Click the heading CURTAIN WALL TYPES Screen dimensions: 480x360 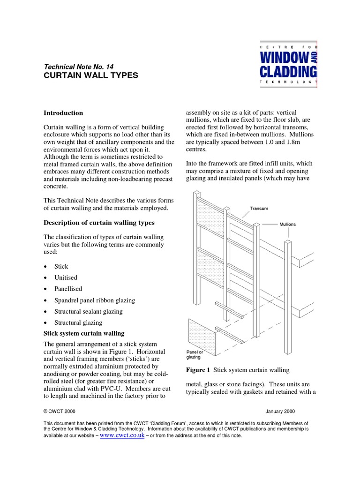[91, 75]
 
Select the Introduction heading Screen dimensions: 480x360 [63, 113]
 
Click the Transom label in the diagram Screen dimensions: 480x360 [259, 208]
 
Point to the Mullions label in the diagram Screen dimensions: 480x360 [287, 225]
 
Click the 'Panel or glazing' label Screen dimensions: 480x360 [195, 354]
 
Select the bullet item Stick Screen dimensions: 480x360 [61, 266]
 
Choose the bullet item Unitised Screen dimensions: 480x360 [66, 277]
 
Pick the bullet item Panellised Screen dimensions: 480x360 [68, 289]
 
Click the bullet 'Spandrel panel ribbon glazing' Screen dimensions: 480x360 [95, 300]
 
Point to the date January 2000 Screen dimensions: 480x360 [280, 412]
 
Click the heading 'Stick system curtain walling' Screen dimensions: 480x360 [84, 333]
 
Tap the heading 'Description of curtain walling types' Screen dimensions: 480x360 [99, 222]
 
